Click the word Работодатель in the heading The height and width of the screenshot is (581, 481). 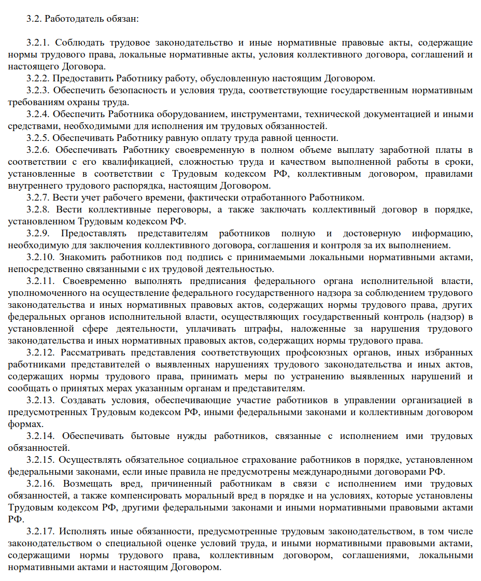click(x=70, y=19)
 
